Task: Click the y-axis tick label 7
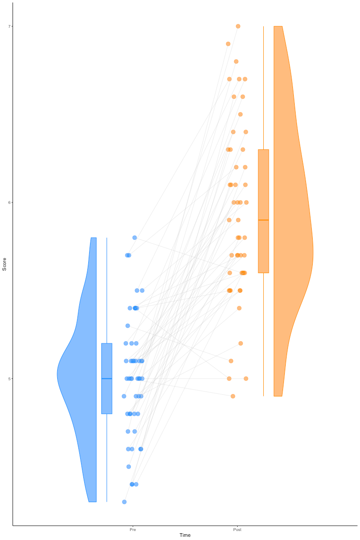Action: (x=9, y=26)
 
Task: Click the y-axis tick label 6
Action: (x=9, y=202)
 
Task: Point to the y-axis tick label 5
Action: (x=9, y=378)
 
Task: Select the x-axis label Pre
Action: (x=133, y=530)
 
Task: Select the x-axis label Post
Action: (x=237, y=530)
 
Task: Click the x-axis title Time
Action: (x=185, y=535)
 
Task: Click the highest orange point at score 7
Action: (x=238, y=26)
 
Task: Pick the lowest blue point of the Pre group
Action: (x=124, y=502)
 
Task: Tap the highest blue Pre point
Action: (x=135, y=238)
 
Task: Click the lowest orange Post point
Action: (x=233, y=396)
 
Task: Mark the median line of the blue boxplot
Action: (x=107, y=378)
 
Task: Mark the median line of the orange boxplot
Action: (x=263, y=220)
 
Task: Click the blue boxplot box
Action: (x=107, y=396)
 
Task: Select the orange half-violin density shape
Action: (x=292, y=225)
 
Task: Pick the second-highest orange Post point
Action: (x=228, y=44)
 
